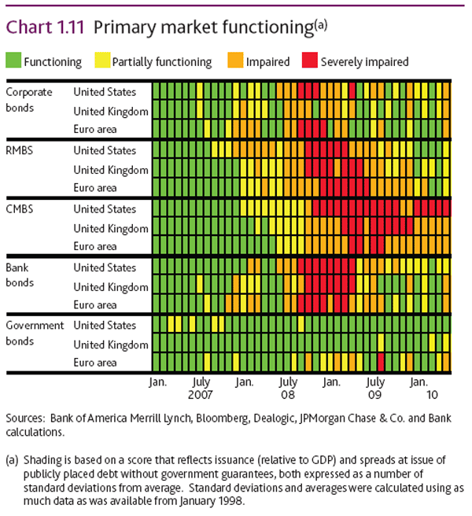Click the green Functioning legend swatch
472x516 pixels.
(x=13, y=61)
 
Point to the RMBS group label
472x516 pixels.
(x=20, y=149)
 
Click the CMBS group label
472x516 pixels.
(x=20, y=208)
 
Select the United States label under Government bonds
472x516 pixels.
(x=105, y=325)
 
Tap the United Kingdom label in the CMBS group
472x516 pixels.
(x=110, y=228)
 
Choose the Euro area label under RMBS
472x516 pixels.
(x=94, y=188)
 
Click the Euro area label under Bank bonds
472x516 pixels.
(x=94, y=304)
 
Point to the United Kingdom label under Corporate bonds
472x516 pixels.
(x=110, y=111)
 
